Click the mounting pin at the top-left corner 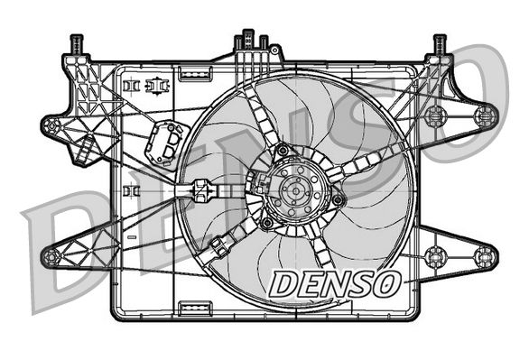77,43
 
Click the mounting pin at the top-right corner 440,43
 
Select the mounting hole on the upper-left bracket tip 51,126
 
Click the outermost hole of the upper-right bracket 486,115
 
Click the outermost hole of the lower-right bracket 485,255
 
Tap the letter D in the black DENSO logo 283,283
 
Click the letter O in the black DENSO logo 385,283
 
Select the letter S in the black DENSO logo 359,283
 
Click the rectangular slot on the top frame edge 193,69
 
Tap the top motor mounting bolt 283,151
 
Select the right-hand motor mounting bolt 337,199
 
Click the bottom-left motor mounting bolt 267,222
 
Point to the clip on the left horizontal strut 200,191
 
